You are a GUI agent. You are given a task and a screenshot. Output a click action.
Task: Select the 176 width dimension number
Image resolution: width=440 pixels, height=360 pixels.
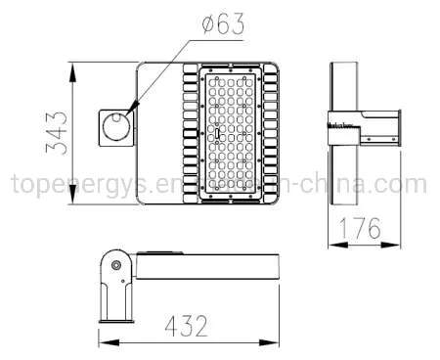coord(364,229)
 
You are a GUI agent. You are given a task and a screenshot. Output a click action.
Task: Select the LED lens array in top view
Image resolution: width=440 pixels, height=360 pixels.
coord(231,134)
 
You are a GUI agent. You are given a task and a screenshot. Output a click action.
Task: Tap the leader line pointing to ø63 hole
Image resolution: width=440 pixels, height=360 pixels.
coord(156,78)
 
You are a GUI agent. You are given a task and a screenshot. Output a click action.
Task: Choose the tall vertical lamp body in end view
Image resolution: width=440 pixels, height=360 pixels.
coord(342,134)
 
